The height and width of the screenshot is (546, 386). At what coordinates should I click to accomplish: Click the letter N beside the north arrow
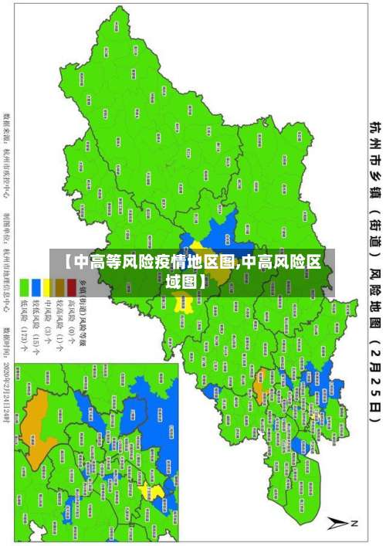pyautogui.click(x=354, y=524)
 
